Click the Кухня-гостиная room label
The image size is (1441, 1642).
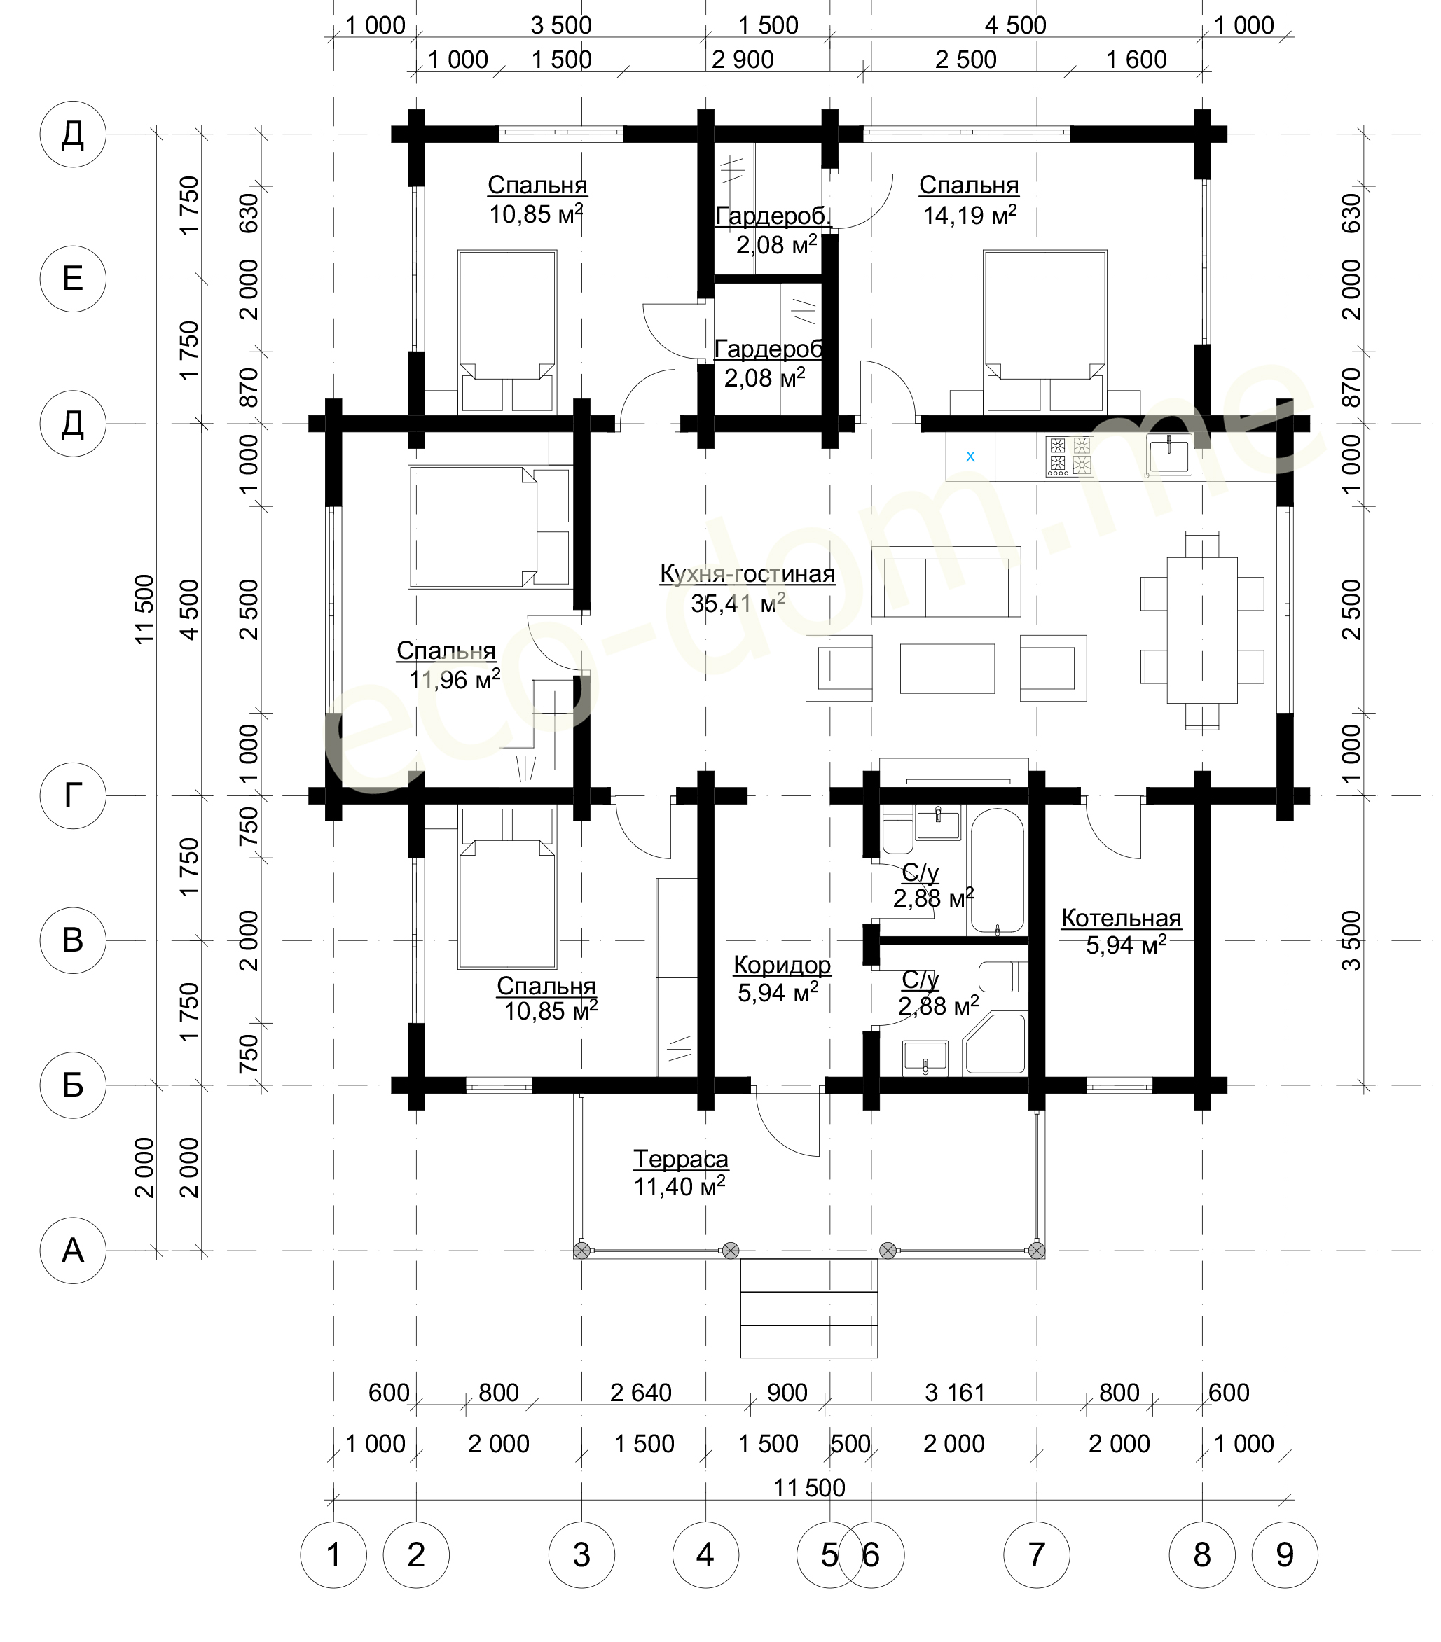747,574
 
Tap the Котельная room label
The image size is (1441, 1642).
1121,918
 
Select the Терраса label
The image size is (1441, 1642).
681,1159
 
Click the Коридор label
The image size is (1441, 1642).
782,965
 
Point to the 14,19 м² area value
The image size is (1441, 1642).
970,214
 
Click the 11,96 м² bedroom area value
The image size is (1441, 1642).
454,680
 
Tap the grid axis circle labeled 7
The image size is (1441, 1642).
1037,1554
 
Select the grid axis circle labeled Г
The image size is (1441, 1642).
73,795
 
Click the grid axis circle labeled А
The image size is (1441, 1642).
73,1250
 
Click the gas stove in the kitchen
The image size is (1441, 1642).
1070,457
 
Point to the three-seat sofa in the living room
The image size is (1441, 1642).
946,582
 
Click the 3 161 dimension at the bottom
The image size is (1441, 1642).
955,1393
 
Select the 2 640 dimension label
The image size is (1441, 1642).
640,1393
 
